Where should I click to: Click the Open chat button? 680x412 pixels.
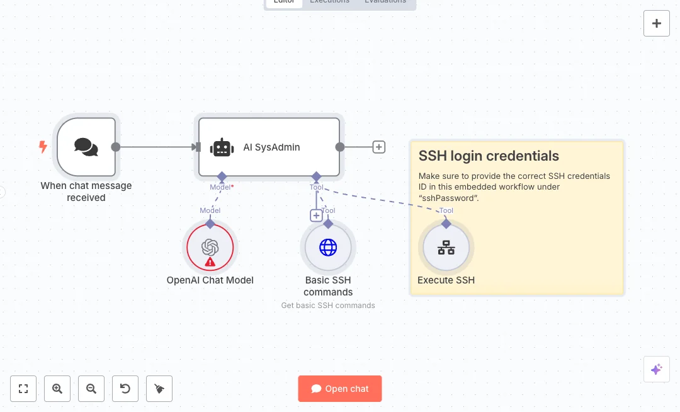coord(340,389)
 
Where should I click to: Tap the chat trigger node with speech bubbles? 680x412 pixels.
coord(86,147)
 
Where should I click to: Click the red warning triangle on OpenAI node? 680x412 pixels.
coord(210,261)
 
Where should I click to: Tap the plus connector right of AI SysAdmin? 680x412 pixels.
coord(378,147)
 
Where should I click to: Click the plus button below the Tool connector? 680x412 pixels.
coord(316,215)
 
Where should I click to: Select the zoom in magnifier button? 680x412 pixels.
coord(57,389)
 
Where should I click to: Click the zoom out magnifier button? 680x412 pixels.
coord(91,389)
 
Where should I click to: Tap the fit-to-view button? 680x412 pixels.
coord(23,389)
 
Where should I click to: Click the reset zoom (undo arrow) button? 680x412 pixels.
coord(125,389)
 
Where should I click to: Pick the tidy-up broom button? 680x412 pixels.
coord(159,389)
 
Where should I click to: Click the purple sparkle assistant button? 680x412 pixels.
coord(656,369)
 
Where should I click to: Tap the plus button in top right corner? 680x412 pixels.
coord(657,23)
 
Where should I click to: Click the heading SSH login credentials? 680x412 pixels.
coord(489,156)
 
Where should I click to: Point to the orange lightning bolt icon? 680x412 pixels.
coord(43,147)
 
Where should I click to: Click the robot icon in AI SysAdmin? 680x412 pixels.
coord(222,147)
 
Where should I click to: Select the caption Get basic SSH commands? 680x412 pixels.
coord(328,306)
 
